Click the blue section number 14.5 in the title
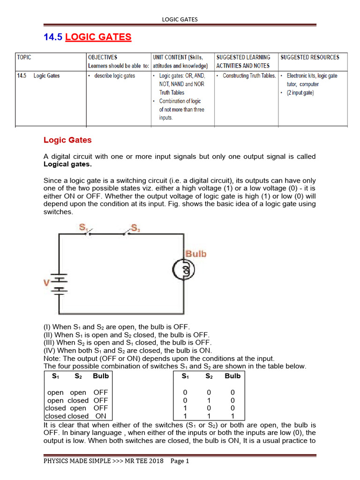(x=53, y=37)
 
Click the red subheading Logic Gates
(x=67, y=140)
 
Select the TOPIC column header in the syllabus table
(x=24, y=57)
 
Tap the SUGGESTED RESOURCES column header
(x=309, y=57)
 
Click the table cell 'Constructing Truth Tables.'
(x=246, y=76)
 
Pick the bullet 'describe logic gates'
(x=111, y=76)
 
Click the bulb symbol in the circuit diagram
(x=182, y=270)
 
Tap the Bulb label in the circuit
(x=195, y=254)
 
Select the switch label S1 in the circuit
(x=84, y=227)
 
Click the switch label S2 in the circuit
(x=135, y=228)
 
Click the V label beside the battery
(x=46, y=283)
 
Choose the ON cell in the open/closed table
(x=100, y=416)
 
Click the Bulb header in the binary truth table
(x=232, y=376)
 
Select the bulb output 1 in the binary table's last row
(x=232, y=416)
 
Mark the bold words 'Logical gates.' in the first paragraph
(x=67, y=165)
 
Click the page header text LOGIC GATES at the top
(x=180, y=19)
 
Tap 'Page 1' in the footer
(x=180, y=461)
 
